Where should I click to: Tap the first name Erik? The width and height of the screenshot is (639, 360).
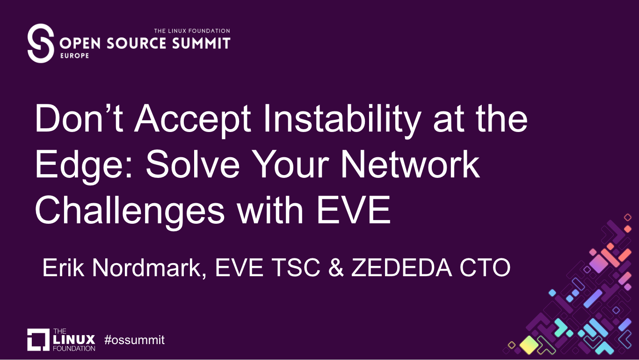click(63, 268)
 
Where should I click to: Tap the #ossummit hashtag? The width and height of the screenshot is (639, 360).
click(135, 340)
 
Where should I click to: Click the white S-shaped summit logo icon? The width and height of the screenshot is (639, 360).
click(41, 43)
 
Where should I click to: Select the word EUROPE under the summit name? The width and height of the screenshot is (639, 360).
click(74, 55)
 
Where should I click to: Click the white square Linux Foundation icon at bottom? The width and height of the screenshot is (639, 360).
click(38, 339)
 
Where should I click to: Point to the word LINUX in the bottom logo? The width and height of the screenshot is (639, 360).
click(74, 339)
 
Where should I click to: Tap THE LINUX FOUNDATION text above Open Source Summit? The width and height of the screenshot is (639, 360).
click(192, 31)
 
